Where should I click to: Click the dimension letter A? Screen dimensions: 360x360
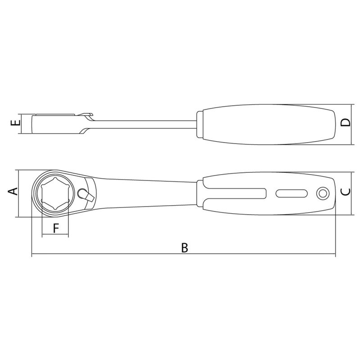(x=13, y=191)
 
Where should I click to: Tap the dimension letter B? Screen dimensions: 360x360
(x=184, y=247)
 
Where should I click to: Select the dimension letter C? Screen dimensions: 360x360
(x=345, y=192)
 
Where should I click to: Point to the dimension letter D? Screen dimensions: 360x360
(x=346, y=122)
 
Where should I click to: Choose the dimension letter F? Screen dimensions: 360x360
(x=56, y=228)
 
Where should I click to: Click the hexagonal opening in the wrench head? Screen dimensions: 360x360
(x=55, y=193)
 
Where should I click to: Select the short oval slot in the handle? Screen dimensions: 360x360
(x=292, y=193)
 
